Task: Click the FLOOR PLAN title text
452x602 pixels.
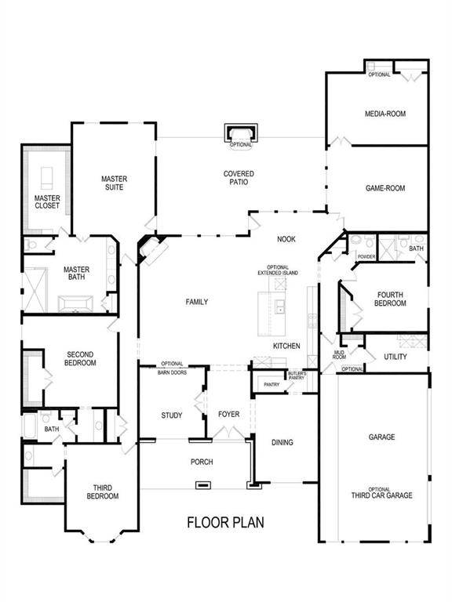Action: point(225,522)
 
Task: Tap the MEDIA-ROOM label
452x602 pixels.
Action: point(385,114)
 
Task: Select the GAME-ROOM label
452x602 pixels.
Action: point(385,188)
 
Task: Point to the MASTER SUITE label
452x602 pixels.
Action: point(114,183)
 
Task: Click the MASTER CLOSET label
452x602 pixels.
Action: point(46,202)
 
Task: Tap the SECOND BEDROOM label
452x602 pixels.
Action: point(81,358)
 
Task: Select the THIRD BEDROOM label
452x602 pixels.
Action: point(102,491)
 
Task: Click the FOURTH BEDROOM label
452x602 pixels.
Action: point(390,299)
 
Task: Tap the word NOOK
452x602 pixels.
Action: point(286,239)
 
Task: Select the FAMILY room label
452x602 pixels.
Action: point(196,302)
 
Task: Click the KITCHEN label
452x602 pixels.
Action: point(286,346)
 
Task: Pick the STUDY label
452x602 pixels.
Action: point(172,415)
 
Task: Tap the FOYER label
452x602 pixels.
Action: point(228,415)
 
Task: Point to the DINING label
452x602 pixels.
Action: point(282,442)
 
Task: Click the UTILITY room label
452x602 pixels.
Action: point(395,357)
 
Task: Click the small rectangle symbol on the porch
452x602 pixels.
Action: point(202,485)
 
